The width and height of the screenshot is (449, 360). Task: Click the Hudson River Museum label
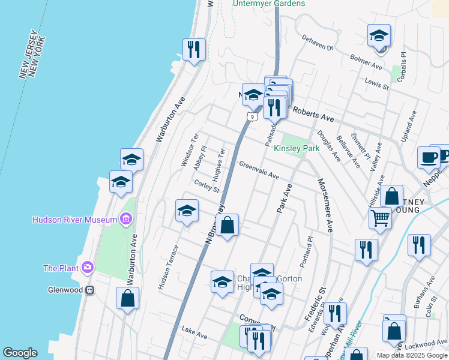(74, 220)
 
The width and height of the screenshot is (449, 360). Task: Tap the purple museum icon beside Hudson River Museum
(125, 220)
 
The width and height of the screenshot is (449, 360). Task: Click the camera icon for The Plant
(88, 267)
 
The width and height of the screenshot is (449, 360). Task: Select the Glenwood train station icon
(89, 290)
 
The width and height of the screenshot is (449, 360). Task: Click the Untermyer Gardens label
(269, 4)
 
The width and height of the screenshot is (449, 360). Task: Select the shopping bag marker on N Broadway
(228, 226)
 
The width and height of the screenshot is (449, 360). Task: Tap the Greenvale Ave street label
(259, 171)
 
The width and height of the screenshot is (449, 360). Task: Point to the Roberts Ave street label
(312, 114)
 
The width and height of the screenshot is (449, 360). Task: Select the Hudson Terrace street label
(168, 268)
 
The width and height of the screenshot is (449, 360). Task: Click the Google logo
(20, 353)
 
